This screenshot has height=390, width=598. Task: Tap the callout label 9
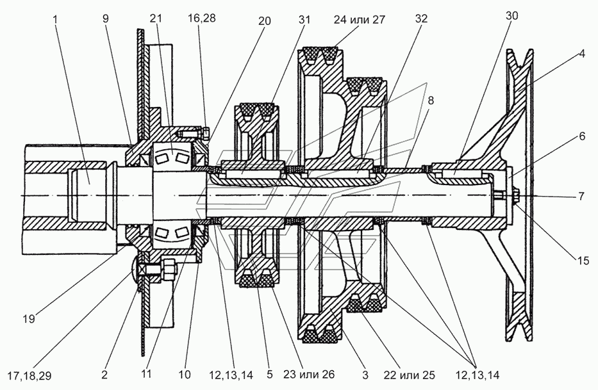click(106, 19)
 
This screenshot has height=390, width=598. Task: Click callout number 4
click(581, 54)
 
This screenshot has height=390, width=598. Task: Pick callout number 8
click(431, 100)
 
